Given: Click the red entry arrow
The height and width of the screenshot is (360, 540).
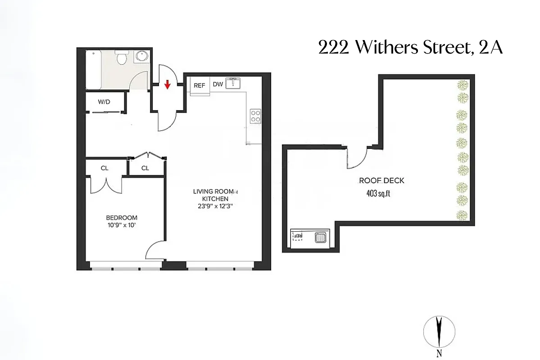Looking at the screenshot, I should (167, 85).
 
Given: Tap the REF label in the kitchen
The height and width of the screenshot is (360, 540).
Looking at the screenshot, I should (200, 85).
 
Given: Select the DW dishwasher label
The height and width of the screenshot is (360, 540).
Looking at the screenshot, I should (218, 85).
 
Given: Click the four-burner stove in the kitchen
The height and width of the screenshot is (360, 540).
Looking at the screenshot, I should (255, 116).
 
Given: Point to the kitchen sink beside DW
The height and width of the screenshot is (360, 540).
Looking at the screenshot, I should (233, 83).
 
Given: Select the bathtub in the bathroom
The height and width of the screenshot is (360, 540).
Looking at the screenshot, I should (94, 70).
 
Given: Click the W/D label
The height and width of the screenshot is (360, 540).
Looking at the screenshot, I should (104, 102).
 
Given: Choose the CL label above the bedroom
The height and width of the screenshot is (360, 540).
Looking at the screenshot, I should (104, 168).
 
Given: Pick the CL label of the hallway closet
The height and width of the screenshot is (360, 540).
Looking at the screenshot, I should (145, 168).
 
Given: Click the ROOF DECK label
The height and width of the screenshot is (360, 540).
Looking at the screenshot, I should (381, 180).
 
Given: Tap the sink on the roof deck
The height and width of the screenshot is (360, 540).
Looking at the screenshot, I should (321, 237).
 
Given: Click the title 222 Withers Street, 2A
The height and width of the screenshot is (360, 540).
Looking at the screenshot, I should (410, 47).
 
